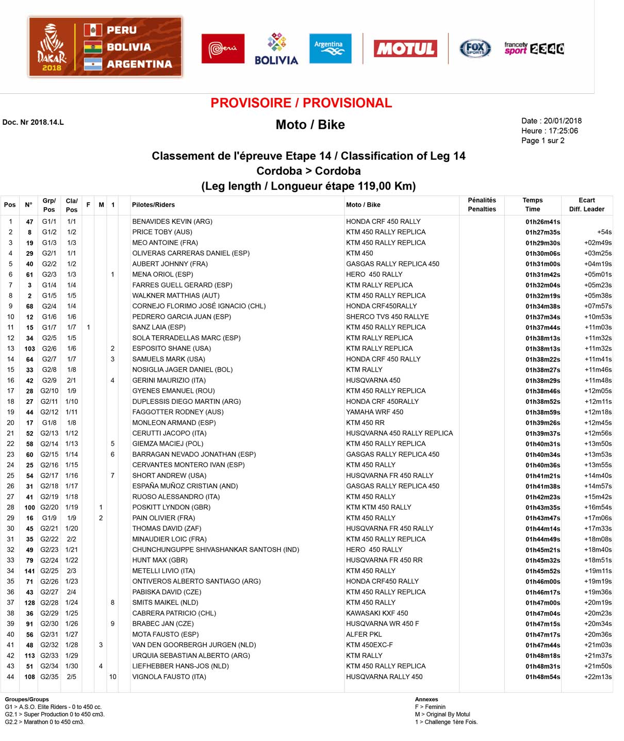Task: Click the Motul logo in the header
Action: pos(405,48)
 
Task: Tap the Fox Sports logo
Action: pos(475,48)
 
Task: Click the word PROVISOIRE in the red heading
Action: pos(251,103)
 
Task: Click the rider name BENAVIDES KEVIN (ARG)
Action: pos(172,222)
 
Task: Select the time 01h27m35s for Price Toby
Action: pos(543,233)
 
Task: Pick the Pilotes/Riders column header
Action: pos(153,205)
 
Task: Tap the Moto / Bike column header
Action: pos(363,205)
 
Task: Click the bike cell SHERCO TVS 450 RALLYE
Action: pos(387,317)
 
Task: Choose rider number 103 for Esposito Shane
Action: pos(29,349)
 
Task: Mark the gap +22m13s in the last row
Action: pos(598,677)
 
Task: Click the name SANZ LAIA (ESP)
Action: pos(158,327)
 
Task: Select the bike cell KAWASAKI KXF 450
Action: pos(377,613)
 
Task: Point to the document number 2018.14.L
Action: pos(47,122)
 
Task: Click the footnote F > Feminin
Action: pos(430,707)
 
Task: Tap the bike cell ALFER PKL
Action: pos(364,634)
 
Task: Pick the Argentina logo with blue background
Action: pos(330,48)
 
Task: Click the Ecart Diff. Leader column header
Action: pos(586,205)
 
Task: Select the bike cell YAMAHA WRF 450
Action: pos(374,412)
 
